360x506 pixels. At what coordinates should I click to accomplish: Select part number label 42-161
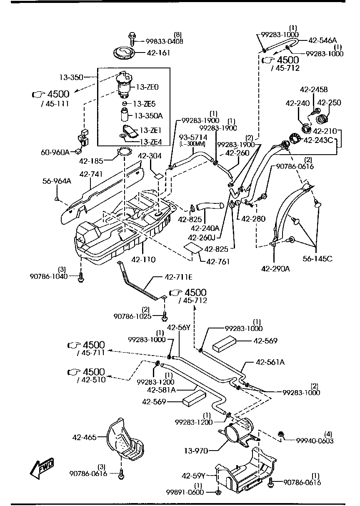point(158,53)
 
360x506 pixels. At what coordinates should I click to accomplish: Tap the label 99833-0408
point(164,41)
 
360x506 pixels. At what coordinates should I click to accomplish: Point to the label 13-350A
point(148,115)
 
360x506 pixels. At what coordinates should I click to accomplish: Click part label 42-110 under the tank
point(143,260)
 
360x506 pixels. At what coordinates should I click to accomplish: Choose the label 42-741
point(91,174)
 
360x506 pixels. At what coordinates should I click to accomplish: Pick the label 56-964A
point(57,181)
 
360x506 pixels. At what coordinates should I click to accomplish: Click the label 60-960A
point(55,152)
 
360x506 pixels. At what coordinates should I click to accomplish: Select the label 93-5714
point(193,137)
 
